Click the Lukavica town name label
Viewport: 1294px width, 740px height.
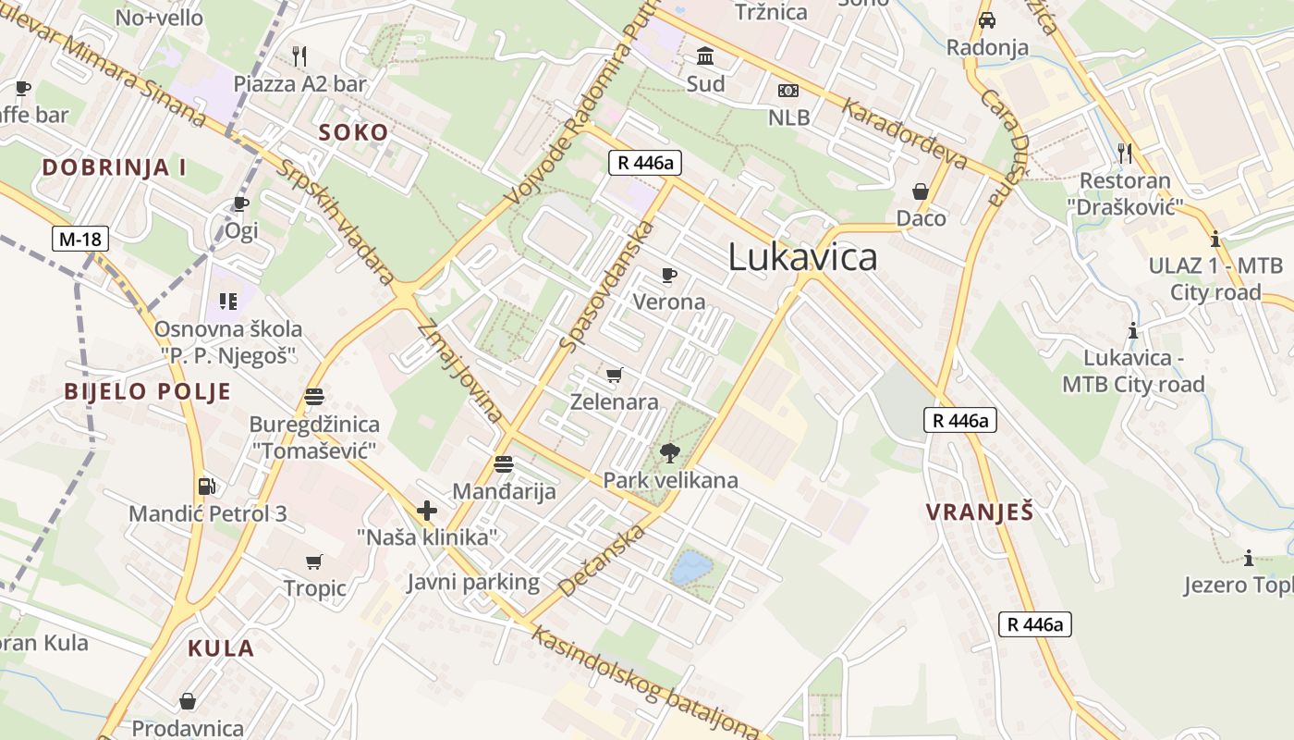coord(802,256)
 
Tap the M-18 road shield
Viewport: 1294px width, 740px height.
coord(80,240)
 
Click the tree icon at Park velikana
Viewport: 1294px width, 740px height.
coord(670,453)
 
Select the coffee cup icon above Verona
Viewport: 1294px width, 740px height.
coord(669,275)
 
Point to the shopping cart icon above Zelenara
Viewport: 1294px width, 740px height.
coord(614,375)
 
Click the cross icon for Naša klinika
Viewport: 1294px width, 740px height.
coord(427,510)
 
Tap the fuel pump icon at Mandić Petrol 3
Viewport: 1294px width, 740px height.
coord(207,486)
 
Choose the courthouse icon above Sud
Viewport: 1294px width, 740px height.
coord(705,56)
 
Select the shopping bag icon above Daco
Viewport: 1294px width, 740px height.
coord(921,191)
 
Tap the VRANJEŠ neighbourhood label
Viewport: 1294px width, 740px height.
coord(979,512)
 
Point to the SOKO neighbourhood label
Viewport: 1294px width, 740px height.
coord(353,132)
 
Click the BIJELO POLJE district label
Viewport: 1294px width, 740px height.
coord(147,391)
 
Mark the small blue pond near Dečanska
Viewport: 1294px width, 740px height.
coord(691,568)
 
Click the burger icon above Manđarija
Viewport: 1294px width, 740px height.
coord(504,463)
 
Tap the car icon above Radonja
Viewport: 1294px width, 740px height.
coord(987,20)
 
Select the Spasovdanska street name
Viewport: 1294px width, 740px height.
coord(607,286)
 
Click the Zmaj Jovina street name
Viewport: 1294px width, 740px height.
coord(458,370)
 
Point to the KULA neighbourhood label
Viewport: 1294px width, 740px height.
coord(221,647)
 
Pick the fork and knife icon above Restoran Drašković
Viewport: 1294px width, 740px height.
coord(1124,153)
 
